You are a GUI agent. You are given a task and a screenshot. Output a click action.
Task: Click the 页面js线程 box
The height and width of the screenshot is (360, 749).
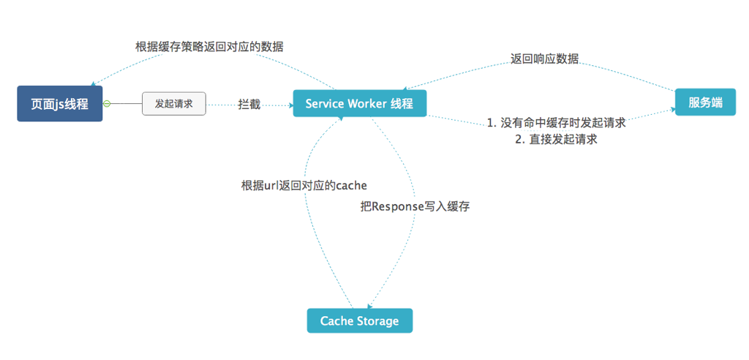click(x=60, y=104)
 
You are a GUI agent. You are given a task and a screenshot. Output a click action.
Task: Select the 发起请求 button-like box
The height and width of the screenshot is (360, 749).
click(x=174, y=104)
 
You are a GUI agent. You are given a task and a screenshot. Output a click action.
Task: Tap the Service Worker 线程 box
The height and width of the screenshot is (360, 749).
click(x=359, y=104)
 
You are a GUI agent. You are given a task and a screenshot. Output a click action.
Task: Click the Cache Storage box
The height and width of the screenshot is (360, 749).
click(x=359, y=320)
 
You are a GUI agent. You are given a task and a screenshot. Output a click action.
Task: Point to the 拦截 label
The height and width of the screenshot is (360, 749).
click(x=249, y=105)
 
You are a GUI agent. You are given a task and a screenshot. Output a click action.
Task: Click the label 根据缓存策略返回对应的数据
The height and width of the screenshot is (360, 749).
click(x=209, y=46)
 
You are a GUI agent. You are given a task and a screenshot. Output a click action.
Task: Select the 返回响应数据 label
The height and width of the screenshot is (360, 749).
click(x=544, y=59)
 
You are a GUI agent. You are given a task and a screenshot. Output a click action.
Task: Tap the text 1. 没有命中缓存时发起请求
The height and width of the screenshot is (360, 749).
click(x=557, y=123)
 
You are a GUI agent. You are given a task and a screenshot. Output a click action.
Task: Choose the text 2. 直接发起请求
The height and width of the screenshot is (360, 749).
click(x=557, y=139)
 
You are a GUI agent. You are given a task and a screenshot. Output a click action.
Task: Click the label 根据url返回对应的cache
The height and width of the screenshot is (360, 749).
click(x=304, y=185)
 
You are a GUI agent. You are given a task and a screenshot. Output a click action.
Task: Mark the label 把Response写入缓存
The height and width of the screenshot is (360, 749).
click(x=415, y=206)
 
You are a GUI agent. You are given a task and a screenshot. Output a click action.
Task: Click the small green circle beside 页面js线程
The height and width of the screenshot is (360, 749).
click(x=107, y=104)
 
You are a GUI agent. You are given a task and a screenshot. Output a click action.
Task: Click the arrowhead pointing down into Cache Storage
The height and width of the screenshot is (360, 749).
click(x=369, y=306)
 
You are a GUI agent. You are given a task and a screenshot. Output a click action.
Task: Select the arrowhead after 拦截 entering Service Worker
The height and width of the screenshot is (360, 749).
click(x=289, y=105)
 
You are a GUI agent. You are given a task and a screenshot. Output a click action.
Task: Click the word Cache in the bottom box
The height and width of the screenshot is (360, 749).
click(x=336, y=320)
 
